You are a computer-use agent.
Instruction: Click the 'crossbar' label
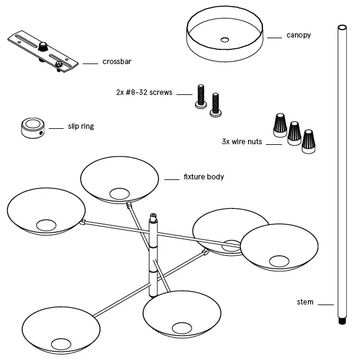(116, 62)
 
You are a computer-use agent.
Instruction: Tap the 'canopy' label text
(299, 35)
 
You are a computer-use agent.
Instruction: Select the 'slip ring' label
(80, 127)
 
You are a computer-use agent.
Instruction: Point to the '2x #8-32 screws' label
(144, 92)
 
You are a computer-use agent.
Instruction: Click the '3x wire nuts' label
(242, 141)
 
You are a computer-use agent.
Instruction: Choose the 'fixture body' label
(204, 177)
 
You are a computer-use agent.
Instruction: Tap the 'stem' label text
(305, 302)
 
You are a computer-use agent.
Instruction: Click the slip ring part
(32, 127)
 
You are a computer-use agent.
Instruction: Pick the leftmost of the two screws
(200, 96)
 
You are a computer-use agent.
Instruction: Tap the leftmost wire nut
(278, 123)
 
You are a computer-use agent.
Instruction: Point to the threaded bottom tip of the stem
(339, 321)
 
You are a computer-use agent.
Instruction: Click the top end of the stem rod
(339, 27)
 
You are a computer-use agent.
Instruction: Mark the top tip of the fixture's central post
(153, 215)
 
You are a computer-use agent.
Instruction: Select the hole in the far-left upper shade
(45, 225)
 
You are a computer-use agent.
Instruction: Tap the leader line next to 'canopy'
(274, 36)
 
